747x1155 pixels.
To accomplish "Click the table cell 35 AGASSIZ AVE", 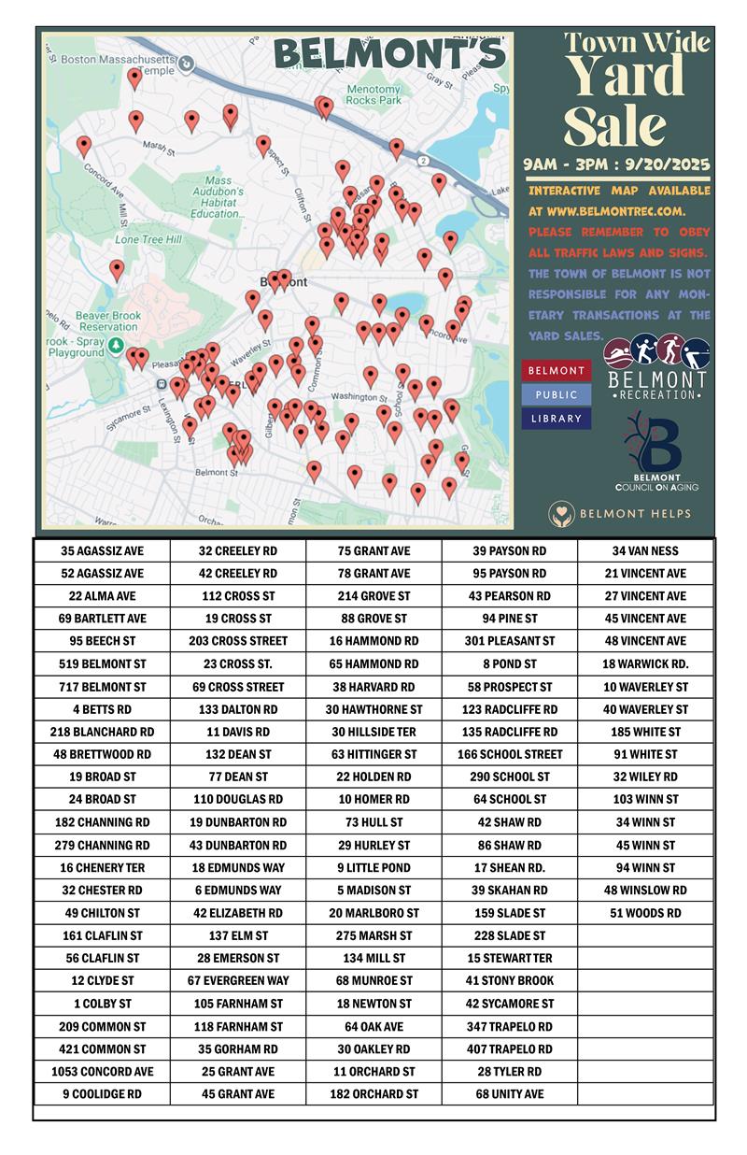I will [x=102, y=550].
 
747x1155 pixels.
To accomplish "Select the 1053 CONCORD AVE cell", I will [x=102, y=1071].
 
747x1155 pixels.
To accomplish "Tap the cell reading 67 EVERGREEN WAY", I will [x=238, y=980].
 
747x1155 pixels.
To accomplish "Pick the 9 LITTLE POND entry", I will [x=373, y=867].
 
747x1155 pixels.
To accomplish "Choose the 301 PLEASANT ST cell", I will [x=510, y=641].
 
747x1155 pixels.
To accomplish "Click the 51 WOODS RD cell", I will [x=645, y=913].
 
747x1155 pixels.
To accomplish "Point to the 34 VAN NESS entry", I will [x=645, y=550].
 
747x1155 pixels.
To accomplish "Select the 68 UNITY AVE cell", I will [x=510, y=1093].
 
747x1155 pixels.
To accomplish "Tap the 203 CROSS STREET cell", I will [x=238, y=641].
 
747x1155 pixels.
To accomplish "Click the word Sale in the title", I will [x=615, y=126].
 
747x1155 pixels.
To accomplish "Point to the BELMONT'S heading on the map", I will [x=389, y=55].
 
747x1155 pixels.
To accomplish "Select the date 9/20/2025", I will [x=664, y=164].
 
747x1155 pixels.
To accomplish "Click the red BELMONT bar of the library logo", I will [x=557, y=370].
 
